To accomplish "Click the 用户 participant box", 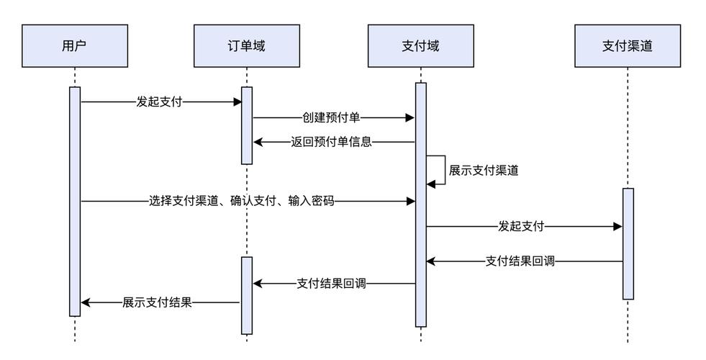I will [x=75, y=46].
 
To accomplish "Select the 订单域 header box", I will [x=246, y=46].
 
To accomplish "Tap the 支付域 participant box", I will [x=420, y=46].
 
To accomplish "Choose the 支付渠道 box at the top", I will [x=628, y=46].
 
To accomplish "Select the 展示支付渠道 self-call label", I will [x=484, y=171].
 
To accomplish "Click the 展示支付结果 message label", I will [x=157, y=302].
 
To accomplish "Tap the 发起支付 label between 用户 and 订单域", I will [x=159, y=102].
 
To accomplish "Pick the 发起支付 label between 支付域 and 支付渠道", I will [x=521, y=226].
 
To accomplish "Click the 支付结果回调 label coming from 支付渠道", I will [x=520, y=261].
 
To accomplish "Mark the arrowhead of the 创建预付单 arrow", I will [x=411, y=117].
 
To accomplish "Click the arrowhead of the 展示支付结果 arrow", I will [x=85, y=302].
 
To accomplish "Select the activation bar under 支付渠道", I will [x=628, y=243].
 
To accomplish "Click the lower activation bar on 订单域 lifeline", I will [x=247, y=295].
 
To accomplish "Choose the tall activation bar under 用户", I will [x=75, y=202].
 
